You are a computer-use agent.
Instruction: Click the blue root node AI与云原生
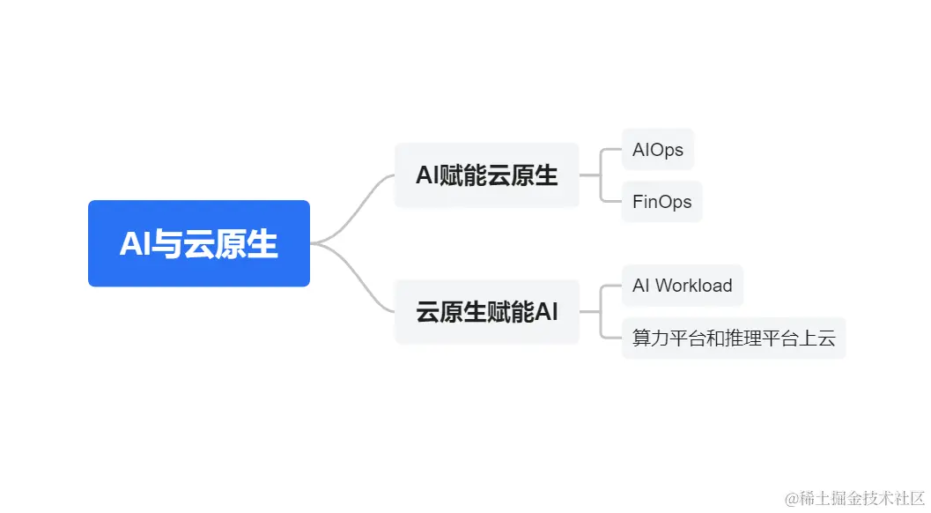tap(199, 243)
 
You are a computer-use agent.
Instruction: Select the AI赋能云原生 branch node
tap(486, 175)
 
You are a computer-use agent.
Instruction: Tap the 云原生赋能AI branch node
tap(486, 312)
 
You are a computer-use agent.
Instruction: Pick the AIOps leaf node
tap(658, 150)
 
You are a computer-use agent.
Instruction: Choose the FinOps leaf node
tap(661, 202)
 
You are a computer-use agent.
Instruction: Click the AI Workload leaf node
tap(682, 286)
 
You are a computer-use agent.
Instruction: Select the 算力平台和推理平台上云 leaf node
tap(734, 338)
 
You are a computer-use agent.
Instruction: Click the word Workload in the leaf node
tap(694, 286)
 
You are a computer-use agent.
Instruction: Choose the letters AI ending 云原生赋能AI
tap(546, 312)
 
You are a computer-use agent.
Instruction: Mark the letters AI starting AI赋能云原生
tap(427, 175)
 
